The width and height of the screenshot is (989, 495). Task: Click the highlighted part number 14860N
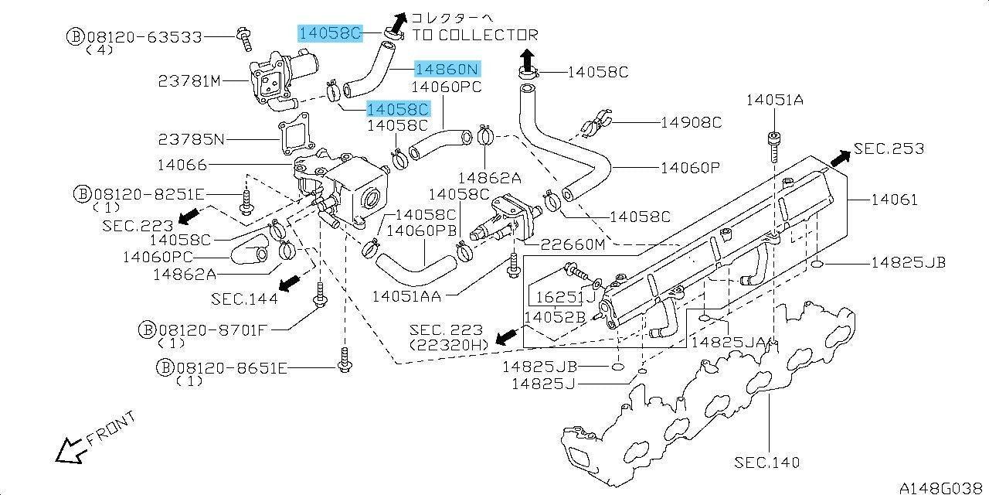pos(447,69)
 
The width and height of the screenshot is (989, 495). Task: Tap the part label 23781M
pos(189,81)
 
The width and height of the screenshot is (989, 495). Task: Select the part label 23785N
pos(192,140)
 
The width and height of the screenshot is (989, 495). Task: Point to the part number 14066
pos(182,165)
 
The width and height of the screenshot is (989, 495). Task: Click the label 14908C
pos(691,122)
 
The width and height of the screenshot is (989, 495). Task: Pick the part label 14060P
pos(690,168)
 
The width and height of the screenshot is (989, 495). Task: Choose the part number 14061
pos(895,200)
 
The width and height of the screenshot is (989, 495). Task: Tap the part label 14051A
pos(775,101)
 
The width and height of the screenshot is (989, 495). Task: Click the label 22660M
pos(573,244)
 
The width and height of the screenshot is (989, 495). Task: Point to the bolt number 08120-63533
pos(144,37)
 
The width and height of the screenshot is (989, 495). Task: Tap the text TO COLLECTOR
pos(475,35)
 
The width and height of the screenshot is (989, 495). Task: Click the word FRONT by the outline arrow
pos(110,428)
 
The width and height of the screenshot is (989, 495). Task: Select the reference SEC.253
pos(889,148)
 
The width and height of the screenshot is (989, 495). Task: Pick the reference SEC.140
pos(767,463)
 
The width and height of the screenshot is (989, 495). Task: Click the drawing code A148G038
pos(943,487)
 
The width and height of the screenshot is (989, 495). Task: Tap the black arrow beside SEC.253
pos(840,159)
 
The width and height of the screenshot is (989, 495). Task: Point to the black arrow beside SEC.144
pos(290,283)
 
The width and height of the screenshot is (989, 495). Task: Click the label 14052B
pos(555,317)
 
